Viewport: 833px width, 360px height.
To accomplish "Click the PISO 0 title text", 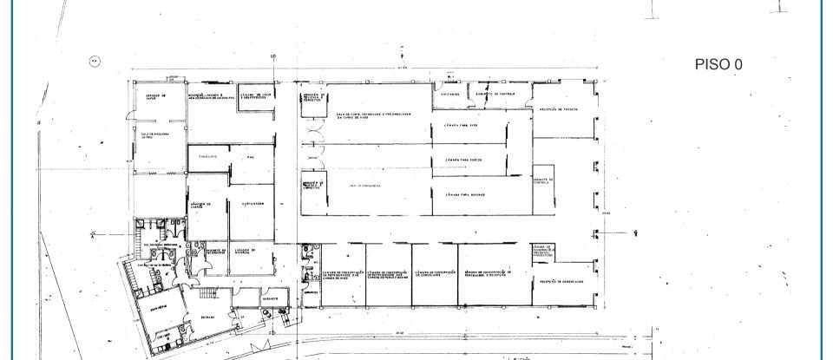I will pyautogui.click(x=718, y=64).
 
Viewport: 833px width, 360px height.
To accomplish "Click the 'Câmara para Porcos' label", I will pyautogui.click(x=463, y=160).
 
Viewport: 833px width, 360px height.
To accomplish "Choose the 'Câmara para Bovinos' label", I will pyautogui.click(x=463, y=195).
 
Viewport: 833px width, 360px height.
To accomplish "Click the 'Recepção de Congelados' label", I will pyautogui.click(x=560, y=281).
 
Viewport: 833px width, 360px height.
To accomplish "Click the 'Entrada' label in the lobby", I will pyautogui.click(x=209, y=317).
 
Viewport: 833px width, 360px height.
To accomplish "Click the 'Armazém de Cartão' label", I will pyautogui.click(x=201, y=206).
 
